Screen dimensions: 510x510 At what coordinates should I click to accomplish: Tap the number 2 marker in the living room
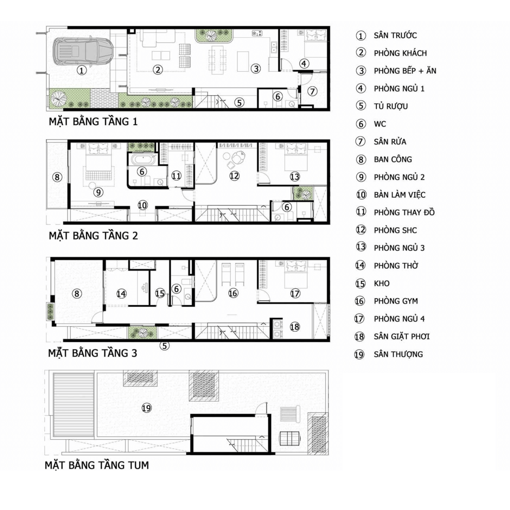[x=158, y=70]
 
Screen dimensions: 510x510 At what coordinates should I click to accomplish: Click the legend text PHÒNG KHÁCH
[x=400, y=53]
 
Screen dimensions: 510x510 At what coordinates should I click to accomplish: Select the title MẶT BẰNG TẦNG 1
[x=93, y=121]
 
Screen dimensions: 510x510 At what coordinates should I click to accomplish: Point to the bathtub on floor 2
[x=143, y=159]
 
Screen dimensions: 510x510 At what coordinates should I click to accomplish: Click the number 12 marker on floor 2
[x=234, y=176]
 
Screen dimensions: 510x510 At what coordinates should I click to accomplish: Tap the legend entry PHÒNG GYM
[x=396, y=301]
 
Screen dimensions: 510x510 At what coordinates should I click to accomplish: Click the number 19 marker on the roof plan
[x=146, y=408]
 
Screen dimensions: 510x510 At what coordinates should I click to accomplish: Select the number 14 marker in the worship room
[x=121, y=294]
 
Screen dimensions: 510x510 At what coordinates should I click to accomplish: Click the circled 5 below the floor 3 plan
[x=164, y=346]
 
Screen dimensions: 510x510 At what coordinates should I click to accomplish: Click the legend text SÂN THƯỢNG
[x=398, y=354]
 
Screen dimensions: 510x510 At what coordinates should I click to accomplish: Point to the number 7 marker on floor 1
[x=312, y=91]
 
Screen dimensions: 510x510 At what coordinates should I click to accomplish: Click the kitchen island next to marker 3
[x=243, y=62]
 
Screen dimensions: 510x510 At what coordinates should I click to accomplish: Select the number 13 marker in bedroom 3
[x=295, y=177]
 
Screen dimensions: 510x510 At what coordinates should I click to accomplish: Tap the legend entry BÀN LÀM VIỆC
[x=399, y=195]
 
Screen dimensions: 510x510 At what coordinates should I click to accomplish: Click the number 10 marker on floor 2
[x=143, y=205]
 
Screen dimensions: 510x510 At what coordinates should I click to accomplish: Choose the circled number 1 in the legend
[x=361, y=36]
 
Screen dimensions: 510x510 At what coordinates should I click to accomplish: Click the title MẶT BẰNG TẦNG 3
[x=93, y=353]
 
